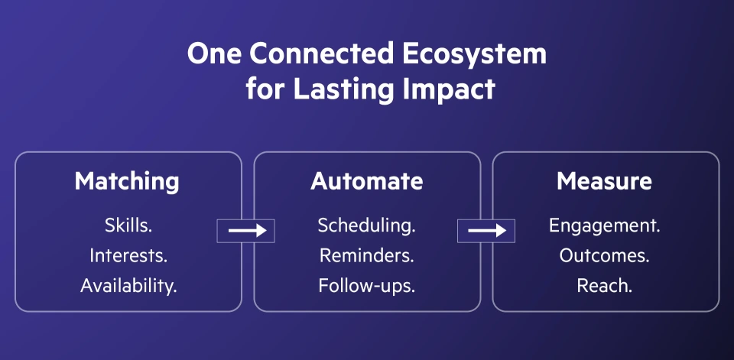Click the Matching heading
[x=127, y=181]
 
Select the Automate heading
[x=366, y=181]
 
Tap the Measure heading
[x=604, y=181]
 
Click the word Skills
[x=128, y=225]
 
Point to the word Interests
[x=128, y=255]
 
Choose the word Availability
[x=128, y=286]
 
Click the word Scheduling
[x=366, y=225]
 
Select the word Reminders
[x=366, y=255]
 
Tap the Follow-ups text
[x=366, y=286]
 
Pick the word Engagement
[x=605, y=225]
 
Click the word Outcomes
[x=605, y=255]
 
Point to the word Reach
[x=605, y=286]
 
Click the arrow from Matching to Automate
[x=247, y=230]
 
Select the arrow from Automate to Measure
[x=486, y=230]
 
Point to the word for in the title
[x=264, y=89]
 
